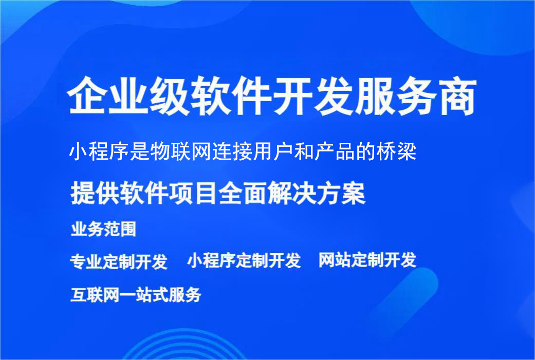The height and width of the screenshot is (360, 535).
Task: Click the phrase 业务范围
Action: point(103,229)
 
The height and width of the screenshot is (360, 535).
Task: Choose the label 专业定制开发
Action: point(119,261)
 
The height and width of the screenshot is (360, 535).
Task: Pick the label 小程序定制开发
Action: point(244,260)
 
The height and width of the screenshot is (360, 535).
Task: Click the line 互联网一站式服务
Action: point(136,295)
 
